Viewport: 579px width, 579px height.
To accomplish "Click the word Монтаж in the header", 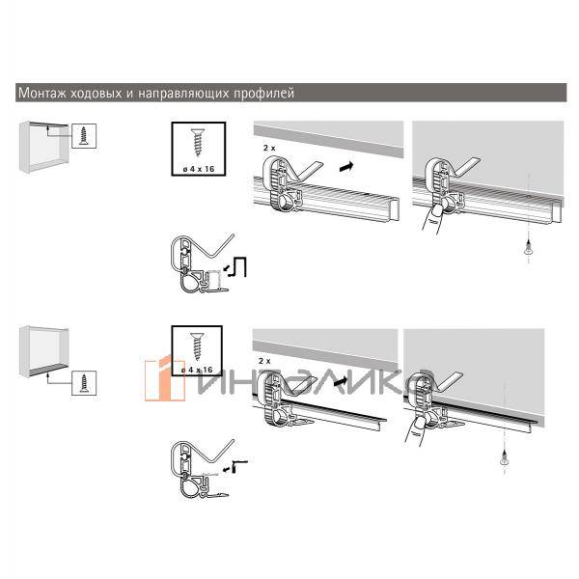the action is tap(42, 93).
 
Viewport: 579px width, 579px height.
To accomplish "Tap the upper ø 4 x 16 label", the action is tap(199, 169).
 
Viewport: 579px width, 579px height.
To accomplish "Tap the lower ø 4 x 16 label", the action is tap(197, 370).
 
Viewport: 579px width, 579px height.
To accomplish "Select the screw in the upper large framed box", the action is tap(198, 142).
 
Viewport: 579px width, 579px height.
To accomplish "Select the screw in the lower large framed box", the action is tap(197, 345).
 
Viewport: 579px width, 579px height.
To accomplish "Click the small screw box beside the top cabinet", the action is tap(84, 136).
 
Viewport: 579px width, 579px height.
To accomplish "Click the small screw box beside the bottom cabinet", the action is tap(84, 383).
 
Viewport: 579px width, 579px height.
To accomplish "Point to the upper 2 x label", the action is tap(269, 148).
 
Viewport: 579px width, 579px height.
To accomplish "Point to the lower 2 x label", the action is tap(264, 361).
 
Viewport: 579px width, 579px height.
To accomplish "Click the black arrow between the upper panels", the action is tap(346, 167).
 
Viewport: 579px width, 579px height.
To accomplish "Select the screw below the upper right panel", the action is tap(529, 248).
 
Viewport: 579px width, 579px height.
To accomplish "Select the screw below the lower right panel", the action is tap(504, 457).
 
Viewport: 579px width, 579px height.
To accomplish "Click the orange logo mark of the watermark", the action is tap(165, 379).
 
